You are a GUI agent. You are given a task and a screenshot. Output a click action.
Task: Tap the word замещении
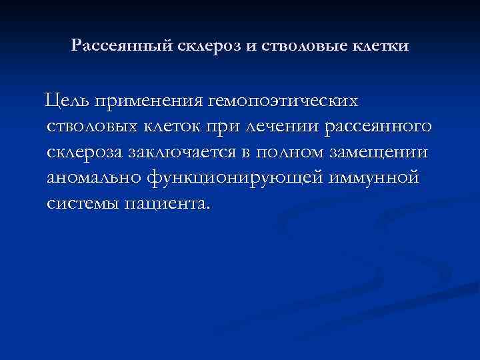click(387, 152)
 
